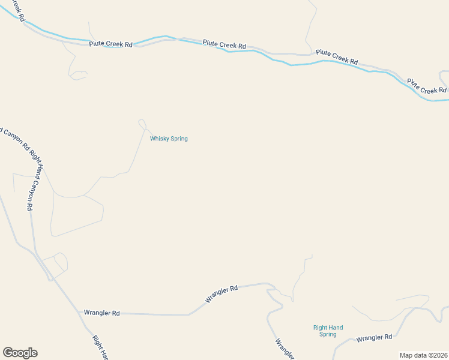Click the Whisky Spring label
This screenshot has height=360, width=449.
click(x=169, y=139)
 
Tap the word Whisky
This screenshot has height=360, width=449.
click(x=159, y=139)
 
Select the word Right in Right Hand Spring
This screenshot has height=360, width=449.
click(x=320, y=328)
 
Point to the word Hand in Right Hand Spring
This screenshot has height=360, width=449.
click(x=336, y=328)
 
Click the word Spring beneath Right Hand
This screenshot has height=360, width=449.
click(x=328, y=334)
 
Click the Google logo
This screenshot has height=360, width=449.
click(x=20, y=353)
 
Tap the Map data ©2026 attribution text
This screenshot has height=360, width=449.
click(x=423, y=355)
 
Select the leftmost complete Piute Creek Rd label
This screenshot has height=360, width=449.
click(x=110, y=44)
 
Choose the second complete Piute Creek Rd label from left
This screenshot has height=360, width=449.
click(x=224, y=44)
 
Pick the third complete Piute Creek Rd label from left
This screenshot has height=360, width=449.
click(x=337, y=56)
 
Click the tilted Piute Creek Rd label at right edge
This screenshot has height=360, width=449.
click(x=426, y=86)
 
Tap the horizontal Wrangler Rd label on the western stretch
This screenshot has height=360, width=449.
click(x=101, y=313)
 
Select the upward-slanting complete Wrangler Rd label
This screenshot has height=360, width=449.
click(x=221, y=293)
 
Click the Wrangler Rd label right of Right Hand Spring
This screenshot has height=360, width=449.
click(x=374, y=338)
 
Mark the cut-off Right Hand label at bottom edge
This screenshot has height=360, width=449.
click(x=100, y=347)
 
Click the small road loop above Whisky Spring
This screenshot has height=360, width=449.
click(x=142, y=124)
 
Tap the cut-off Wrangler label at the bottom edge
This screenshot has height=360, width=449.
click(x=284, y=349)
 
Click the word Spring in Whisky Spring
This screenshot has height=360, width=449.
click(x=178, y=139)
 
